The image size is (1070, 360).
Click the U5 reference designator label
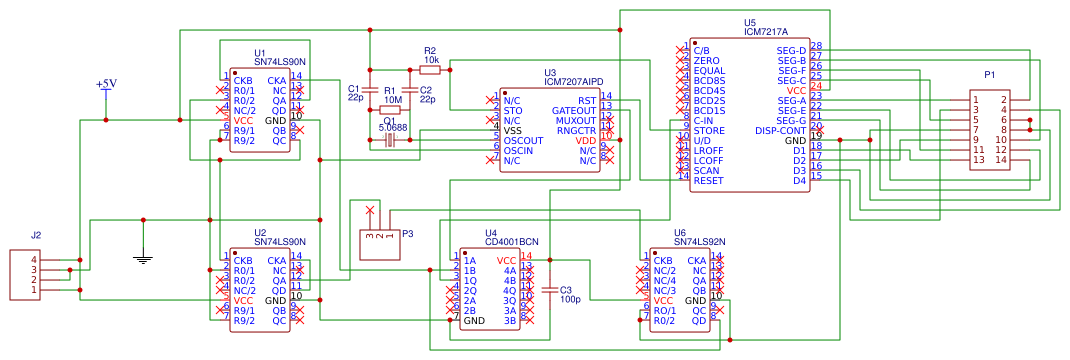tap(750, 22)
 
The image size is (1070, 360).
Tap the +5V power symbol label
tap(106, 84)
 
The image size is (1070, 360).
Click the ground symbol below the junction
tap(144, 259)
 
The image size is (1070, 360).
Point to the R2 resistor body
tap(430, 70)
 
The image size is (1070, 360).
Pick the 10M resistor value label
tap(392, 100)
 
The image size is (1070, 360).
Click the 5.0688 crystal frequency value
tap(392, 128)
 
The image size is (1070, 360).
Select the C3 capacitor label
tap(566, 289)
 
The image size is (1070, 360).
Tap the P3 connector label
tap(407, 233)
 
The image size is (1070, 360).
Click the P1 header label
tap(990, 75)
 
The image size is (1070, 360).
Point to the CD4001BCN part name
tap(511, 242)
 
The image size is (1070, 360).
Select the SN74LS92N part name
tap(700, 242)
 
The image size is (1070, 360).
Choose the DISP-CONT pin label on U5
tap(781, 130)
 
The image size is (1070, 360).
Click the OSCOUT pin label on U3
tap(524, 140)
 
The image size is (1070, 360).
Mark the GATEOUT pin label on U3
tap(574, 110)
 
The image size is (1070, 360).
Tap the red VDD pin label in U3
tap(586, 140)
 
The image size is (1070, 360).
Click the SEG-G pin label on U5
tap(790, 120)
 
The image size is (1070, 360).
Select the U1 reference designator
tap(260, 52)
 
